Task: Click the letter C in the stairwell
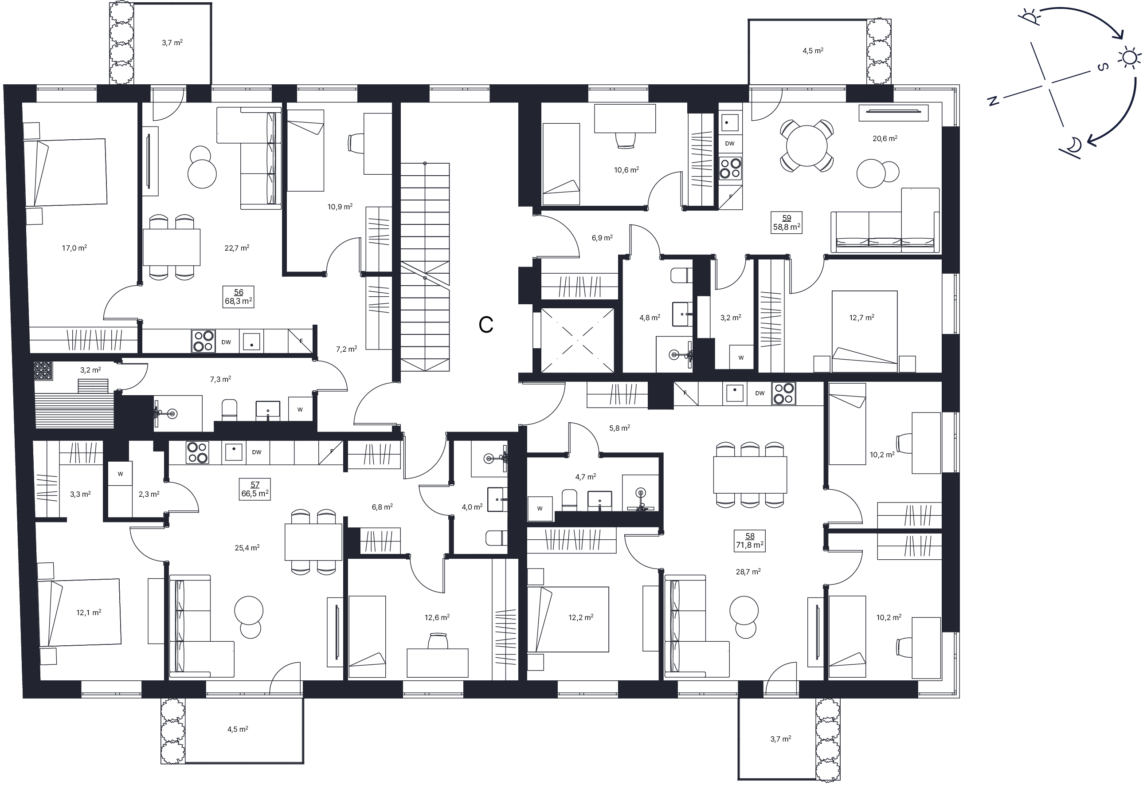point(486,324)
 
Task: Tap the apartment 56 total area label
point(239,301)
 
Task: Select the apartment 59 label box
point(786,223)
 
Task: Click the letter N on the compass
point(992,101)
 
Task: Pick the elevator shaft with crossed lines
point(578,340)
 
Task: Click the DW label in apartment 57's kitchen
point(256,452)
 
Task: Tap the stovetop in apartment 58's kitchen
point(783,393)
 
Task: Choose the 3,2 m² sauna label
point(90,370)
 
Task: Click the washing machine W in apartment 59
point(741,357)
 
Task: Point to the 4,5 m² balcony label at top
point(812,51)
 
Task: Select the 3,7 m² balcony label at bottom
point(780,739)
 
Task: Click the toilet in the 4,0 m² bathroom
point(496,538)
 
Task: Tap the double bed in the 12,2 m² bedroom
point(568,619)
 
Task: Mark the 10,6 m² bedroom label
point(626,170)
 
